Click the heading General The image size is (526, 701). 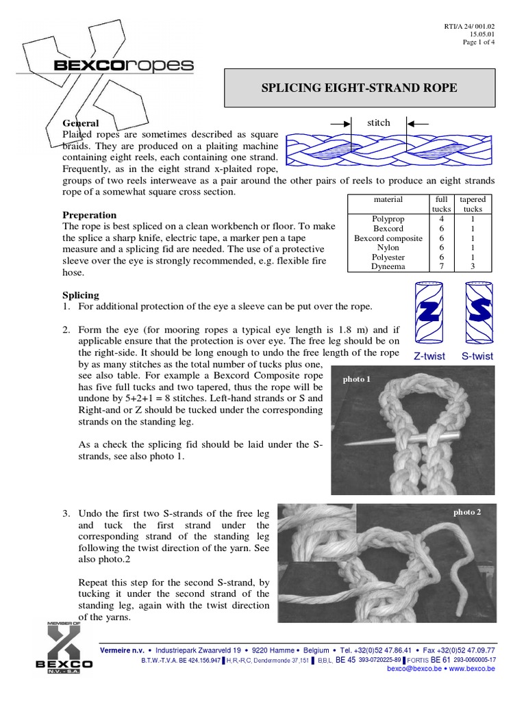click(x=81, y=123)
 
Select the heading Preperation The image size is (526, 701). click(x=90, y=215)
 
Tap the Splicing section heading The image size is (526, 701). click(x=81, y=295)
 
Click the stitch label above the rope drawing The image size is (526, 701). click(x=378, y=123)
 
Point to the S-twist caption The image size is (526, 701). click(x=477, y=356)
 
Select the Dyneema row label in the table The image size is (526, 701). click(x=388, y=267)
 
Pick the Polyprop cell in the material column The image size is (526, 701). click(x=388, y=219)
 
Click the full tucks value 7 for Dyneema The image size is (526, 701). click(x=442, y=267)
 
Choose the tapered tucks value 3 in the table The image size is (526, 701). click(x=473, y=267)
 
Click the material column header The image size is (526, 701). click(x=388, y=199)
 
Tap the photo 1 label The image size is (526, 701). click(x=356, y=379)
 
